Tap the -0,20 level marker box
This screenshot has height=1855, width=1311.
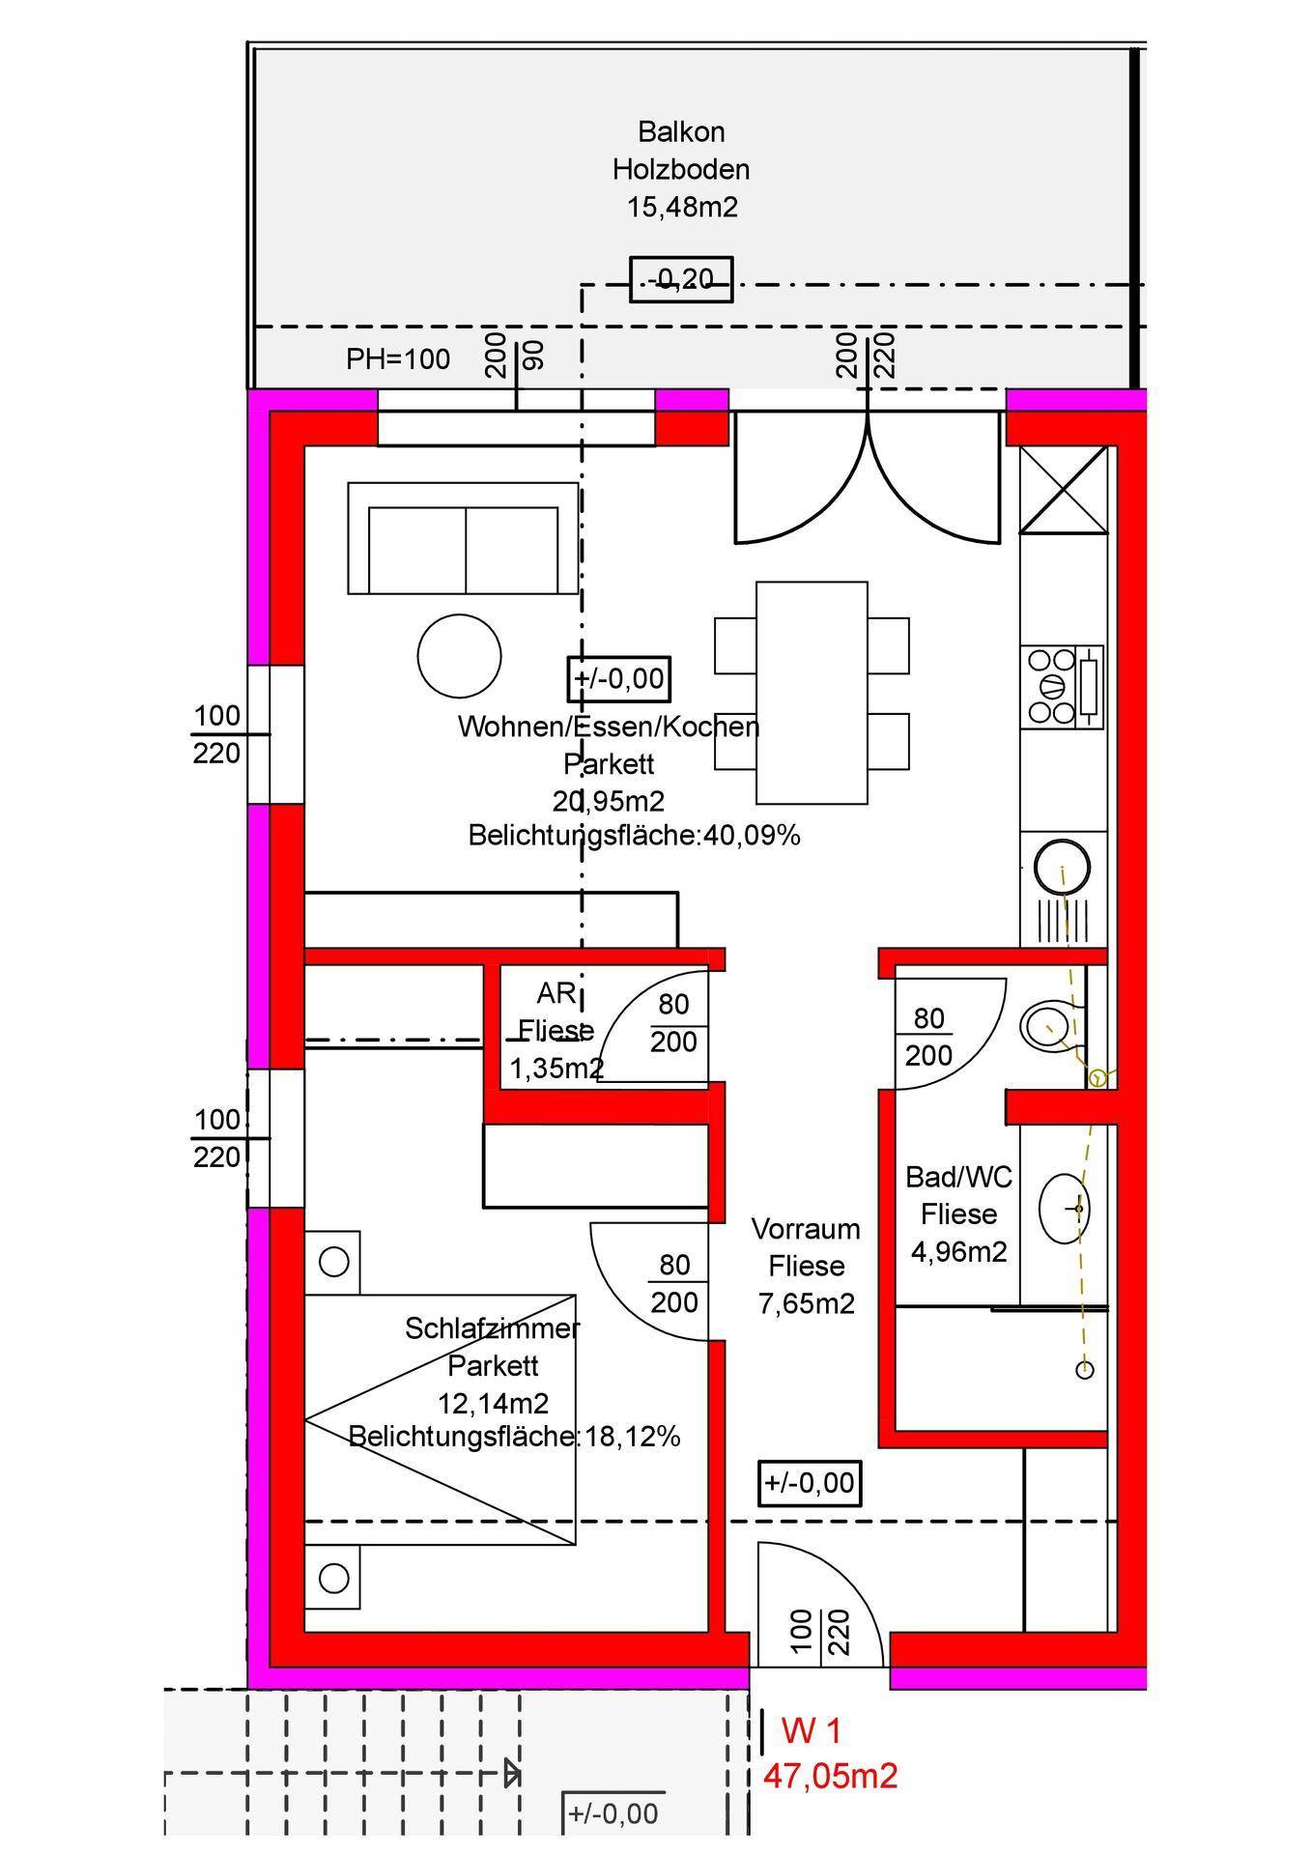[x=681, y=279]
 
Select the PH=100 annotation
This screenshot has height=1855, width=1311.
[x=398, y=359]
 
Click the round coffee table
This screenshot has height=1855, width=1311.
[x=459, y=656]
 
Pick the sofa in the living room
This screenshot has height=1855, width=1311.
[x=463, y=538]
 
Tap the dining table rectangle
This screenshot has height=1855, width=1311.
[x=812, y=693]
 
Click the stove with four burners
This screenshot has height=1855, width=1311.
[x=1062, y=687]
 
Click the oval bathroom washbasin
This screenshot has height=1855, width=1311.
[x=1065, y=1208]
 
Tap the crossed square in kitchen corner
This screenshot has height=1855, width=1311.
[x=1064, y=489]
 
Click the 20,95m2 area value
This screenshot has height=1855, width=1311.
[x=609, y=801]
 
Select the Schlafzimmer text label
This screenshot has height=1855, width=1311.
[x=492, y=1328]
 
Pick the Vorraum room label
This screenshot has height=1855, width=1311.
[x=806, y=1229]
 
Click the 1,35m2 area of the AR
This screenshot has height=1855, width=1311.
[x=557, y=1069]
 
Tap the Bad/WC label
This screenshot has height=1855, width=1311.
[x=958, y=1177]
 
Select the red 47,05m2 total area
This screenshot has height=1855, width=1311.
[x=831, y=1775]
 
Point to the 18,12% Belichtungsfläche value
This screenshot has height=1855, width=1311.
[x=633, y=1437]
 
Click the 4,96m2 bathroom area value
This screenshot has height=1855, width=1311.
[x=959, y=1252]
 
